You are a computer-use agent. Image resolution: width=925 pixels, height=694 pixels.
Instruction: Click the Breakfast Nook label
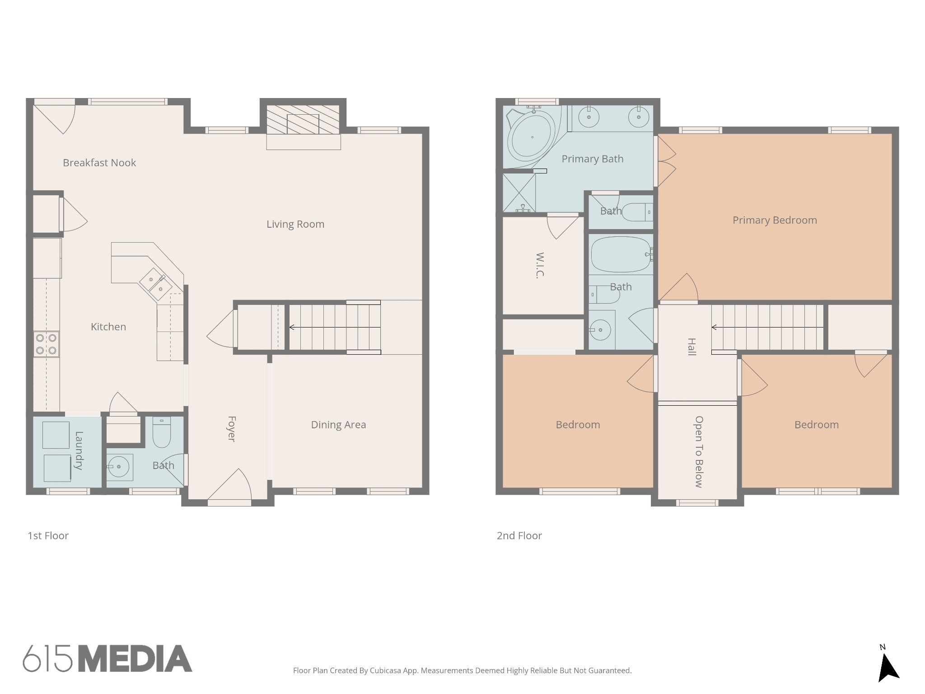99,163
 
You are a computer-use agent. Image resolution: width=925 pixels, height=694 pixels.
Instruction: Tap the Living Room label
295,224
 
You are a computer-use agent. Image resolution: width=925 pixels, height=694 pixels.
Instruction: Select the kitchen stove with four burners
47,344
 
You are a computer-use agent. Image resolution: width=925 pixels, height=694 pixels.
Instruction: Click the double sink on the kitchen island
156,284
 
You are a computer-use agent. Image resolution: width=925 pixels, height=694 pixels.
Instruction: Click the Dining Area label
338,425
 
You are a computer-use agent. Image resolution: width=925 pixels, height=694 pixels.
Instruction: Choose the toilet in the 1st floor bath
161,432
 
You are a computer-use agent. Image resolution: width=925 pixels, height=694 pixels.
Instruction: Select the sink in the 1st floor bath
120,467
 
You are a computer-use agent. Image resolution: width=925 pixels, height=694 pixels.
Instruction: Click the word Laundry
79,450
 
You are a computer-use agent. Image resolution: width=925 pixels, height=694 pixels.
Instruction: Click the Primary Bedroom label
775,220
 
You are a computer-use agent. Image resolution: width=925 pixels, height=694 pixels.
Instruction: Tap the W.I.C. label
540,265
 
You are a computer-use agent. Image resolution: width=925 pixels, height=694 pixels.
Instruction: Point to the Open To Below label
699,452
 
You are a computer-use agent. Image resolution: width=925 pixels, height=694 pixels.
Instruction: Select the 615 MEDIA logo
107,658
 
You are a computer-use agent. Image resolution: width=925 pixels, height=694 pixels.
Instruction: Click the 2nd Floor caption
519,536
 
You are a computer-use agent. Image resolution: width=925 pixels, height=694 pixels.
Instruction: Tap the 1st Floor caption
48,536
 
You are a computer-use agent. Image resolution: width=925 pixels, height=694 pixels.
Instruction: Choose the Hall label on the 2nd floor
691,347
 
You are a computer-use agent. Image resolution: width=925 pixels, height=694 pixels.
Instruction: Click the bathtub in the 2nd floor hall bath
621,254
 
